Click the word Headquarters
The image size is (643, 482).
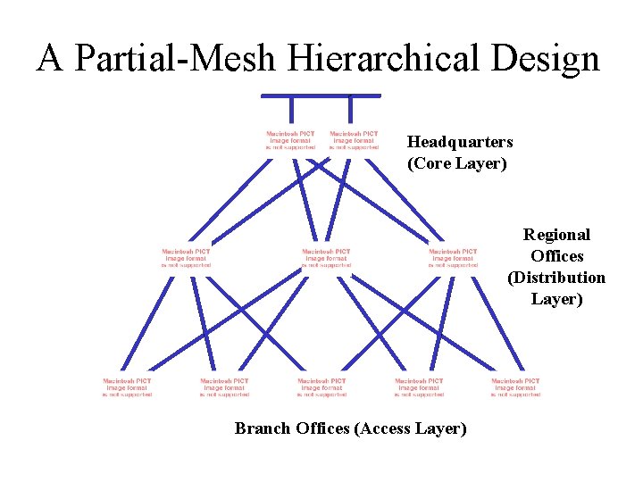click(x=460, y=142)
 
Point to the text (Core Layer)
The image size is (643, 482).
click(x=456, y=163)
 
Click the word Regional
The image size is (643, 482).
click(x=556, y=235)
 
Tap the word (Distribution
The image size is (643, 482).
click(x=556, y=278)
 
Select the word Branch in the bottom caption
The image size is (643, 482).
click(x=260, y=428)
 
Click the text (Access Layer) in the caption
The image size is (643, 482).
click(x=410, y=428)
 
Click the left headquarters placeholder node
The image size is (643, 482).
click(x=291, y=140)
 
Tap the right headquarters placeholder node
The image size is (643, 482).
click(x=354, y=140)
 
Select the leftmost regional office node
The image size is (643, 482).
click(x=187, y=258)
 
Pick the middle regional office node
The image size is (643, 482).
click(x=327, y=258)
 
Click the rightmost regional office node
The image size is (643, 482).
click(x=454, y=258)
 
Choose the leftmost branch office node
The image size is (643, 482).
click(x=128, y=387)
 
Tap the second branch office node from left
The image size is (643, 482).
click(x=224, y=387)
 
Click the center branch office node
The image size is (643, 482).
click(x=321, y=387)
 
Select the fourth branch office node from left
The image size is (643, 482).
click(x=419, y=387)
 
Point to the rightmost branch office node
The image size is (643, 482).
click(x=515, y=387)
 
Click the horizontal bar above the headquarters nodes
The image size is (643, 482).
click(x=321, y=96)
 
